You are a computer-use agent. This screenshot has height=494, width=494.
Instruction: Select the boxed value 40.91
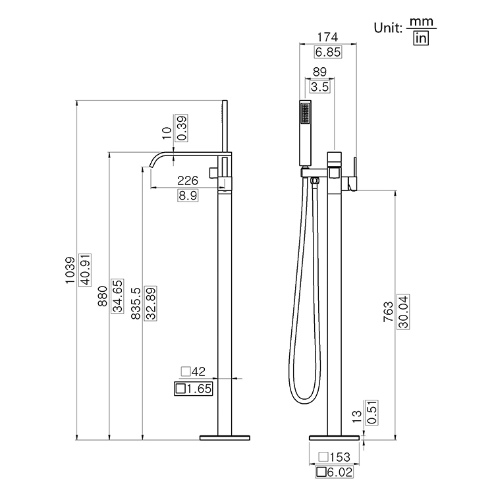(85, 270)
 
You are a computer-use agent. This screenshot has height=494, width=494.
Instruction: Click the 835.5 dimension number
(136, 304)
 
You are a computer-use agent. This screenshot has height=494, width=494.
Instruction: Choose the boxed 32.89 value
(151, 304)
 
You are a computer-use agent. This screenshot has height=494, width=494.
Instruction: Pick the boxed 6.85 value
(327, 53)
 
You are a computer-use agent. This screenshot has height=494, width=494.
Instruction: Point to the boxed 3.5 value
(319, 86)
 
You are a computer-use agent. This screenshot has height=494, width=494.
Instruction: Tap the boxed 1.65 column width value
(193, 389)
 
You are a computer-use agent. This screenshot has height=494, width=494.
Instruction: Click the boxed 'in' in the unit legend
(421, 39)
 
